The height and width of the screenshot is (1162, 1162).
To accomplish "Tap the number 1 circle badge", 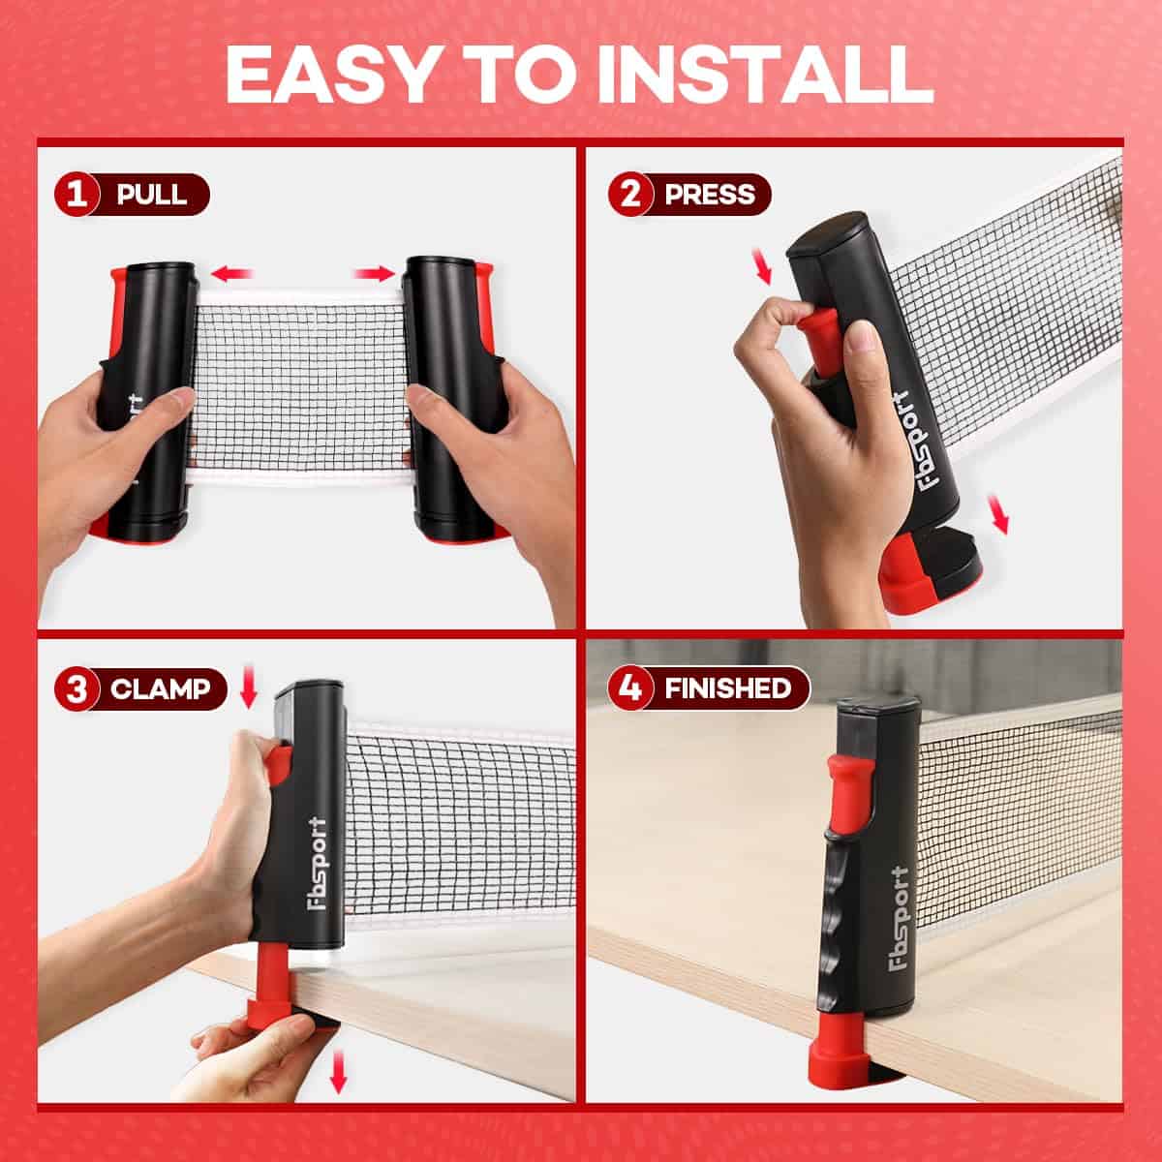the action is click(x=76, y=195).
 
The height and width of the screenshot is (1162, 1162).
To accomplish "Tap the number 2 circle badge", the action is click(x=630, y=195).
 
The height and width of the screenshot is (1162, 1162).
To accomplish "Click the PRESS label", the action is click(x=710, y=195).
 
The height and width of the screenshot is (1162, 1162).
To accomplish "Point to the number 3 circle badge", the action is click(x=76, y=688).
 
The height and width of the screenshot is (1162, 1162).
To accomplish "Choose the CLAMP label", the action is click(x=161, y=688).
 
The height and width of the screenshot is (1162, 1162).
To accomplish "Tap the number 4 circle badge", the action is click(x=630, y=688).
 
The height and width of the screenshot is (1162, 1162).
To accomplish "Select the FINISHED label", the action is click(x=728, y=688).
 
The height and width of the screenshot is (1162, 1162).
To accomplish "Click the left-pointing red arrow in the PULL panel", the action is click(x=231, y=274).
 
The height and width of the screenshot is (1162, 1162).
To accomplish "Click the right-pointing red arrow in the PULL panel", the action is click(x=375, y=274).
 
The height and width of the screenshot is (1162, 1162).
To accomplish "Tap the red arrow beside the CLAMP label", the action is click(x=249, y=687).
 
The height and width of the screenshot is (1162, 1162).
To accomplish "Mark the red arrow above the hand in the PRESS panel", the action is click(x=763, y=267).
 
